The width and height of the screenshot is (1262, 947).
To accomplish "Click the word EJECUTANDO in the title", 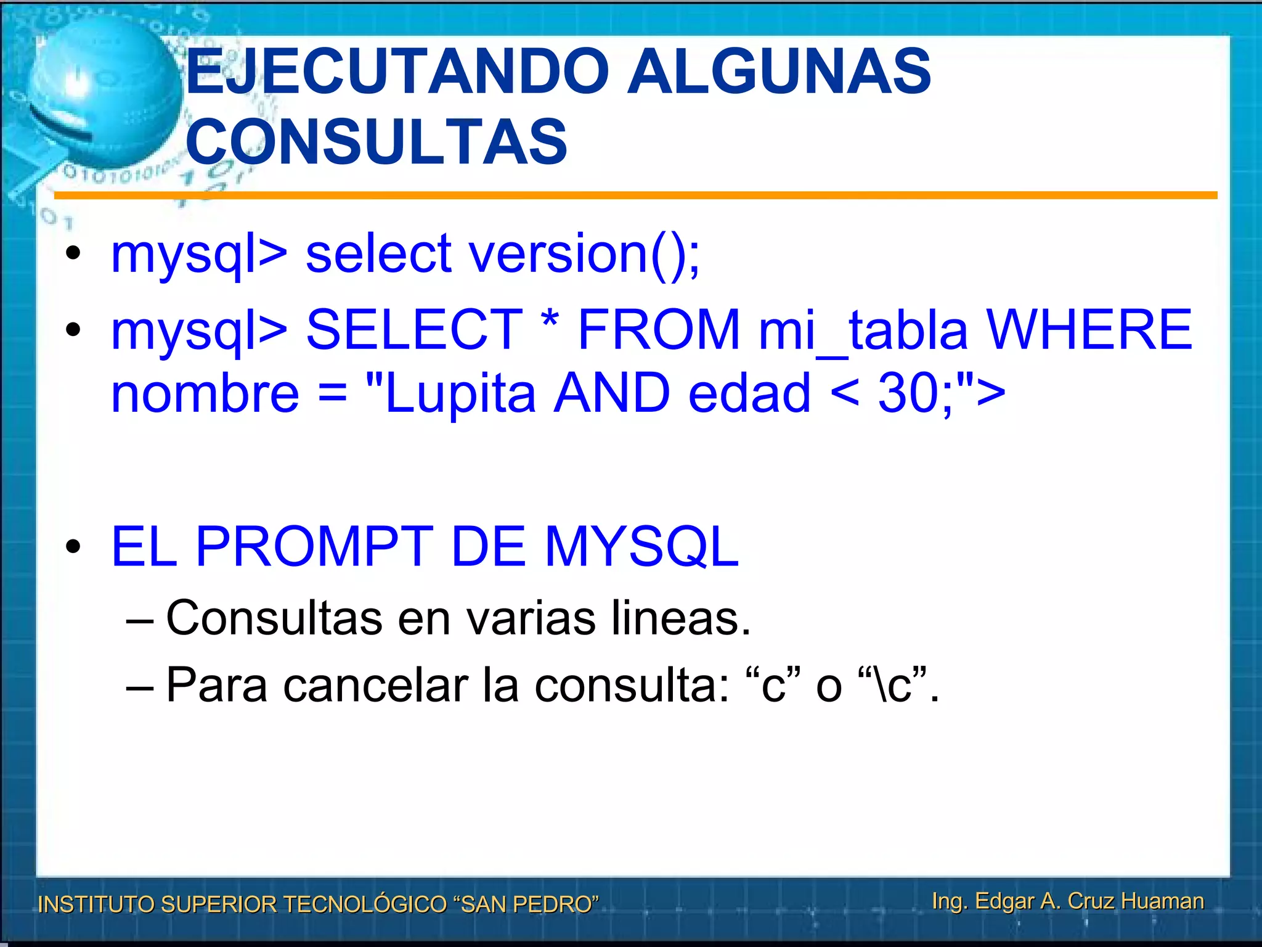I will [x=397, y=72].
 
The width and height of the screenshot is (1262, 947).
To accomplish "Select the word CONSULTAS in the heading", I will [x=376, y=142].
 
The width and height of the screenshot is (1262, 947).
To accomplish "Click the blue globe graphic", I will [x=105, y=92].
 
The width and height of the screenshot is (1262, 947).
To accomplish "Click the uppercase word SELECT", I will [x=414, y=329].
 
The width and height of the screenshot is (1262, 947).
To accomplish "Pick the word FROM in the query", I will [x=658, y=329].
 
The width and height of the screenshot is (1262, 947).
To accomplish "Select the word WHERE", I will [x=1089, y=329].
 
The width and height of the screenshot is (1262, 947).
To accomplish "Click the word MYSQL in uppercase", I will [x=641, y=547].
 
